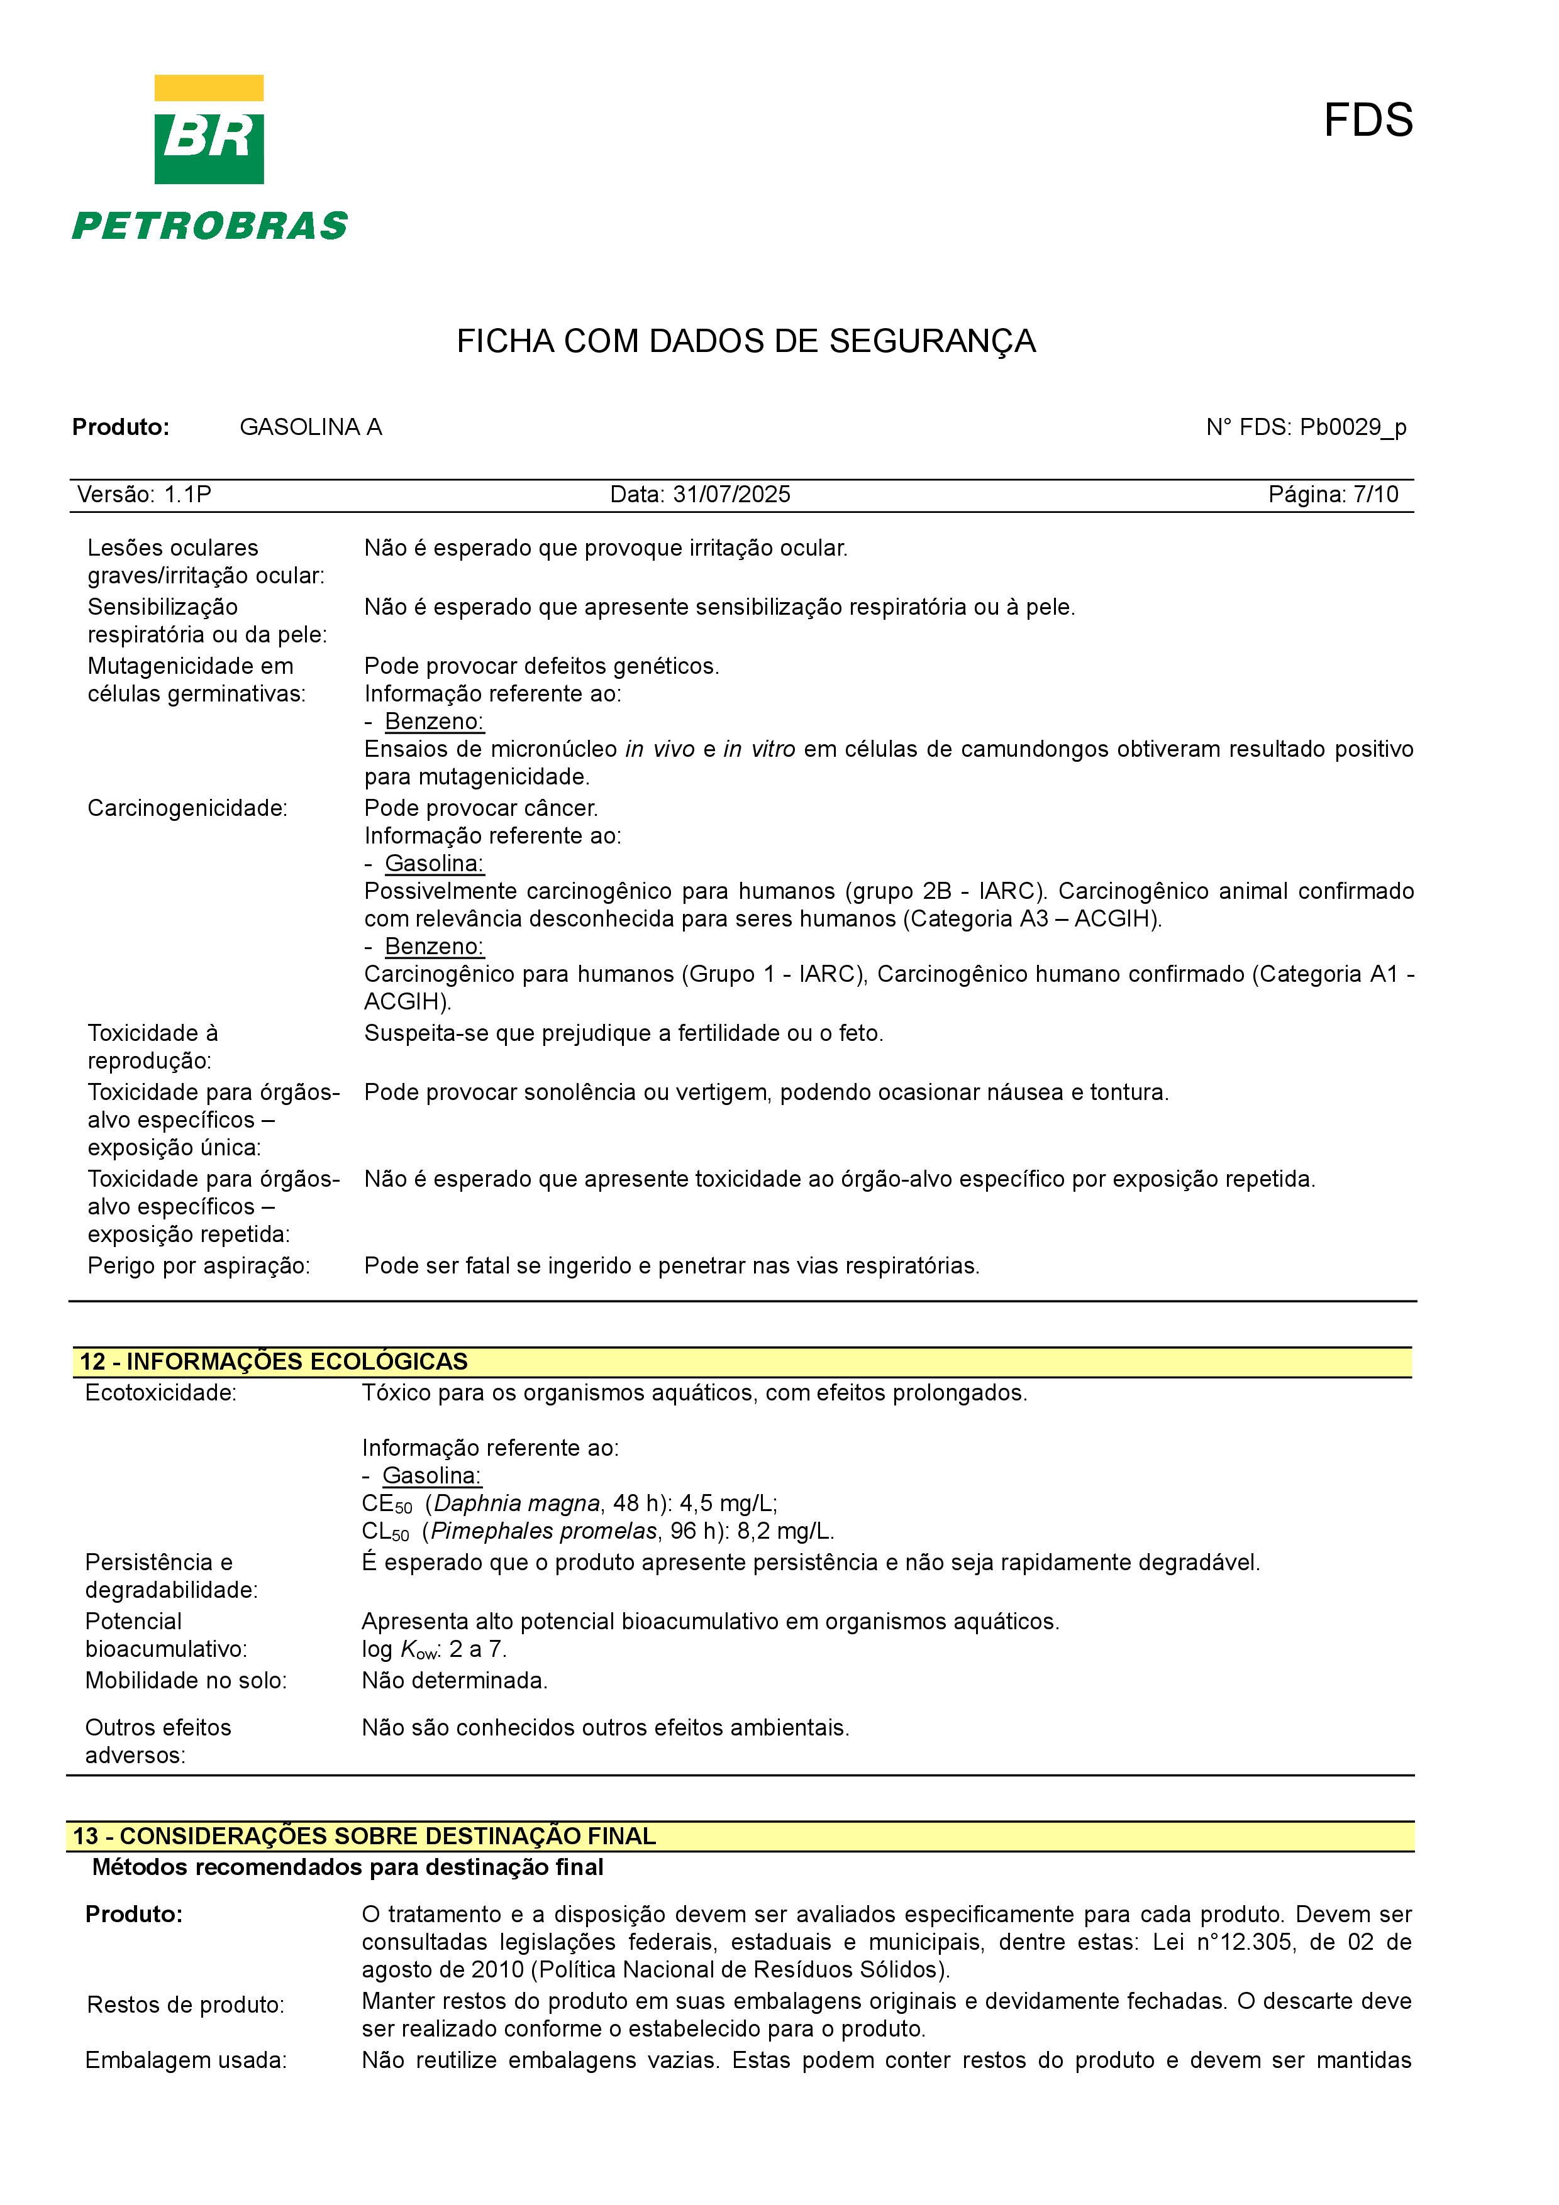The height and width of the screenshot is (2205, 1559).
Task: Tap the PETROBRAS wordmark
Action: (x=209, y=227)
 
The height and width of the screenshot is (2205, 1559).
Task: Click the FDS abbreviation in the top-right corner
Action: (x=1367, y=121)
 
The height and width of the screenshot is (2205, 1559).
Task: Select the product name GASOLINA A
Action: (x=310, y=427)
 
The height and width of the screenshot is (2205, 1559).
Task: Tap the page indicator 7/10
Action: (x=1375, y=495)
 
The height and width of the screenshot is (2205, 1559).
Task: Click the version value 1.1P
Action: (x=187, y=495)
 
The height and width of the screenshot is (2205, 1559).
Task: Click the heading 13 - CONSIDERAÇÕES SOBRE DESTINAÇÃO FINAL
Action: (x=364, y=1835)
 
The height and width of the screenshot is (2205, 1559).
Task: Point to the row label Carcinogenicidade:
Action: (x=187, y=808)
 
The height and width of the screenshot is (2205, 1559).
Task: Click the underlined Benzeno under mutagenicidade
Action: (x=434, y=721)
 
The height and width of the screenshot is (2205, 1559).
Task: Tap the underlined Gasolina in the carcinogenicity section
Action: (x=434, y=864)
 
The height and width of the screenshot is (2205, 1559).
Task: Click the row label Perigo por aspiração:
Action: (x=199, y=1266)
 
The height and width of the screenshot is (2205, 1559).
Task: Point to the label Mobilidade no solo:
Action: (x=186, y=1681)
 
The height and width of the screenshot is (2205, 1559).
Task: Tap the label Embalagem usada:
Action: (x=186, y=2060)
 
